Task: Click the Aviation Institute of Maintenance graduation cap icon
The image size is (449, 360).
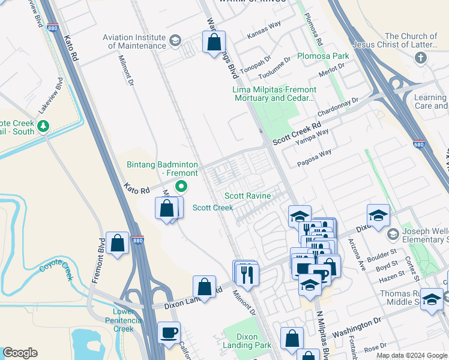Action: (x=175, y=41)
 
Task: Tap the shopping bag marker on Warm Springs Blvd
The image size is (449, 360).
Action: (x=214, y=43)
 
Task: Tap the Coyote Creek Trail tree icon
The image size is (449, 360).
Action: (x=43, y=126)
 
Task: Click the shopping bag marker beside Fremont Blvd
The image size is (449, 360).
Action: (x=118, y=244)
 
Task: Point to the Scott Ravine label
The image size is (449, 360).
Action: (x=247, y=196)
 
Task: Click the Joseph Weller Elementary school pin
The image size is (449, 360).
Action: (x=393, y=233)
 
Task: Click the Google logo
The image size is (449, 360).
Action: (x=20, y=353)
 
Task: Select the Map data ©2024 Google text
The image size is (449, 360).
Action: (x=411, y=355)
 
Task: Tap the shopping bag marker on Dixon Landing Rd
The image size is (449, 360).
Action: (x=205, y=287)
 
